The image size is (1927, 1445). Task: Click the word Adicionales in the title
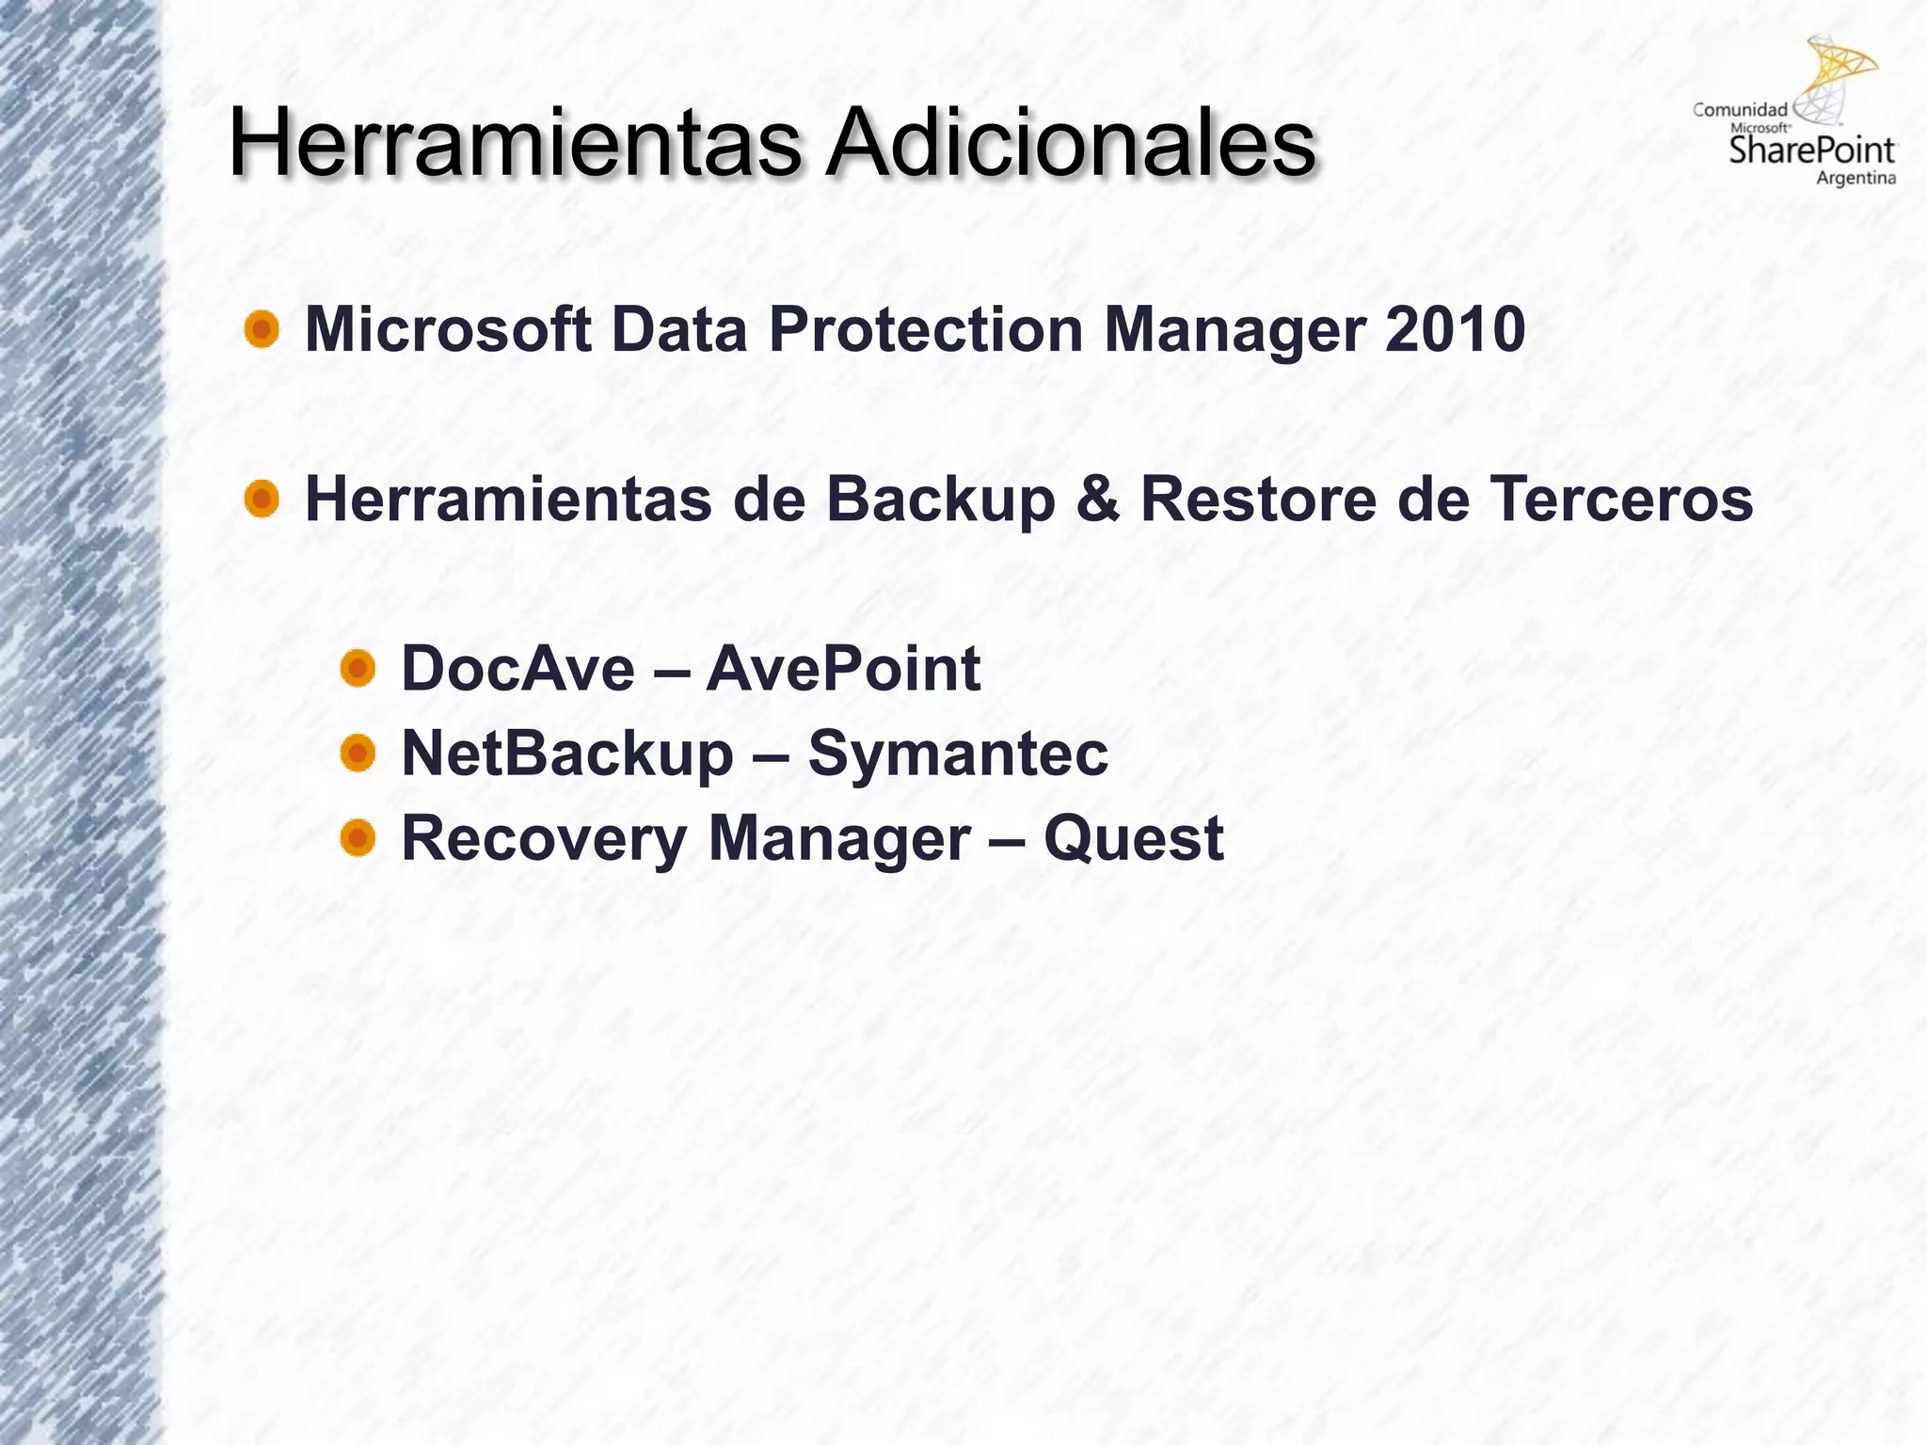[x=1070, y=144]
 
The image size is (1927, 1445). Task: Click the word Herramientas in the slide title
[x=514, y=144]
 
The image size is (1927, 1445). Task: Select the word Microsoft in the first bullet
[x=448, y=330]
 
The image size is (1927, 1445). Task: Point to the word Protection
[x=926, y=330]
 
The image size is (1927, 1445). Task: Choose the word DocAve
[x=518, y=669]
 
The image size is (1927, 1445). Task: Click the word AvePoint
[x=843, y=669]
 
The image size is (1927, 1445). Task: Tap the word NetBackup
[x=567, y=754]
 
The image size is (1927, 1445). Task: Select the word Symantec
[x=958, y=754]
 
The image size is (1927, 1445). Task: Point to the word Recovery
[x=544, y=838]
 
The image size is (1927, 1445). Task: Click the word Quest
[x=1133, y=838]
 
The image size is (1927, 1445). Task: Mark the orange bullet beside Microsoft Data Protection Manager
[x=262, y=330]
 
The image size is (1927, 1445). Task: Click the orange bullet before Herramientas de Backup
[x=262, y=499]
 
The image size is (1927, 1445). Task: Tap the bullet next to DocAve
[x=358, y=669]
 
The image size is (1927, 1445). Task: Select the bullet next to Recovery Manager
[x=358, y=837]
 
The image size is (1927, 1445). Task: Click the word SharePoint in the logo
[x=1812, y=151]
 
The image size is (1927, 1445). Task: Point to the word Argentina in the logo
[x=1855, y=179]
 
